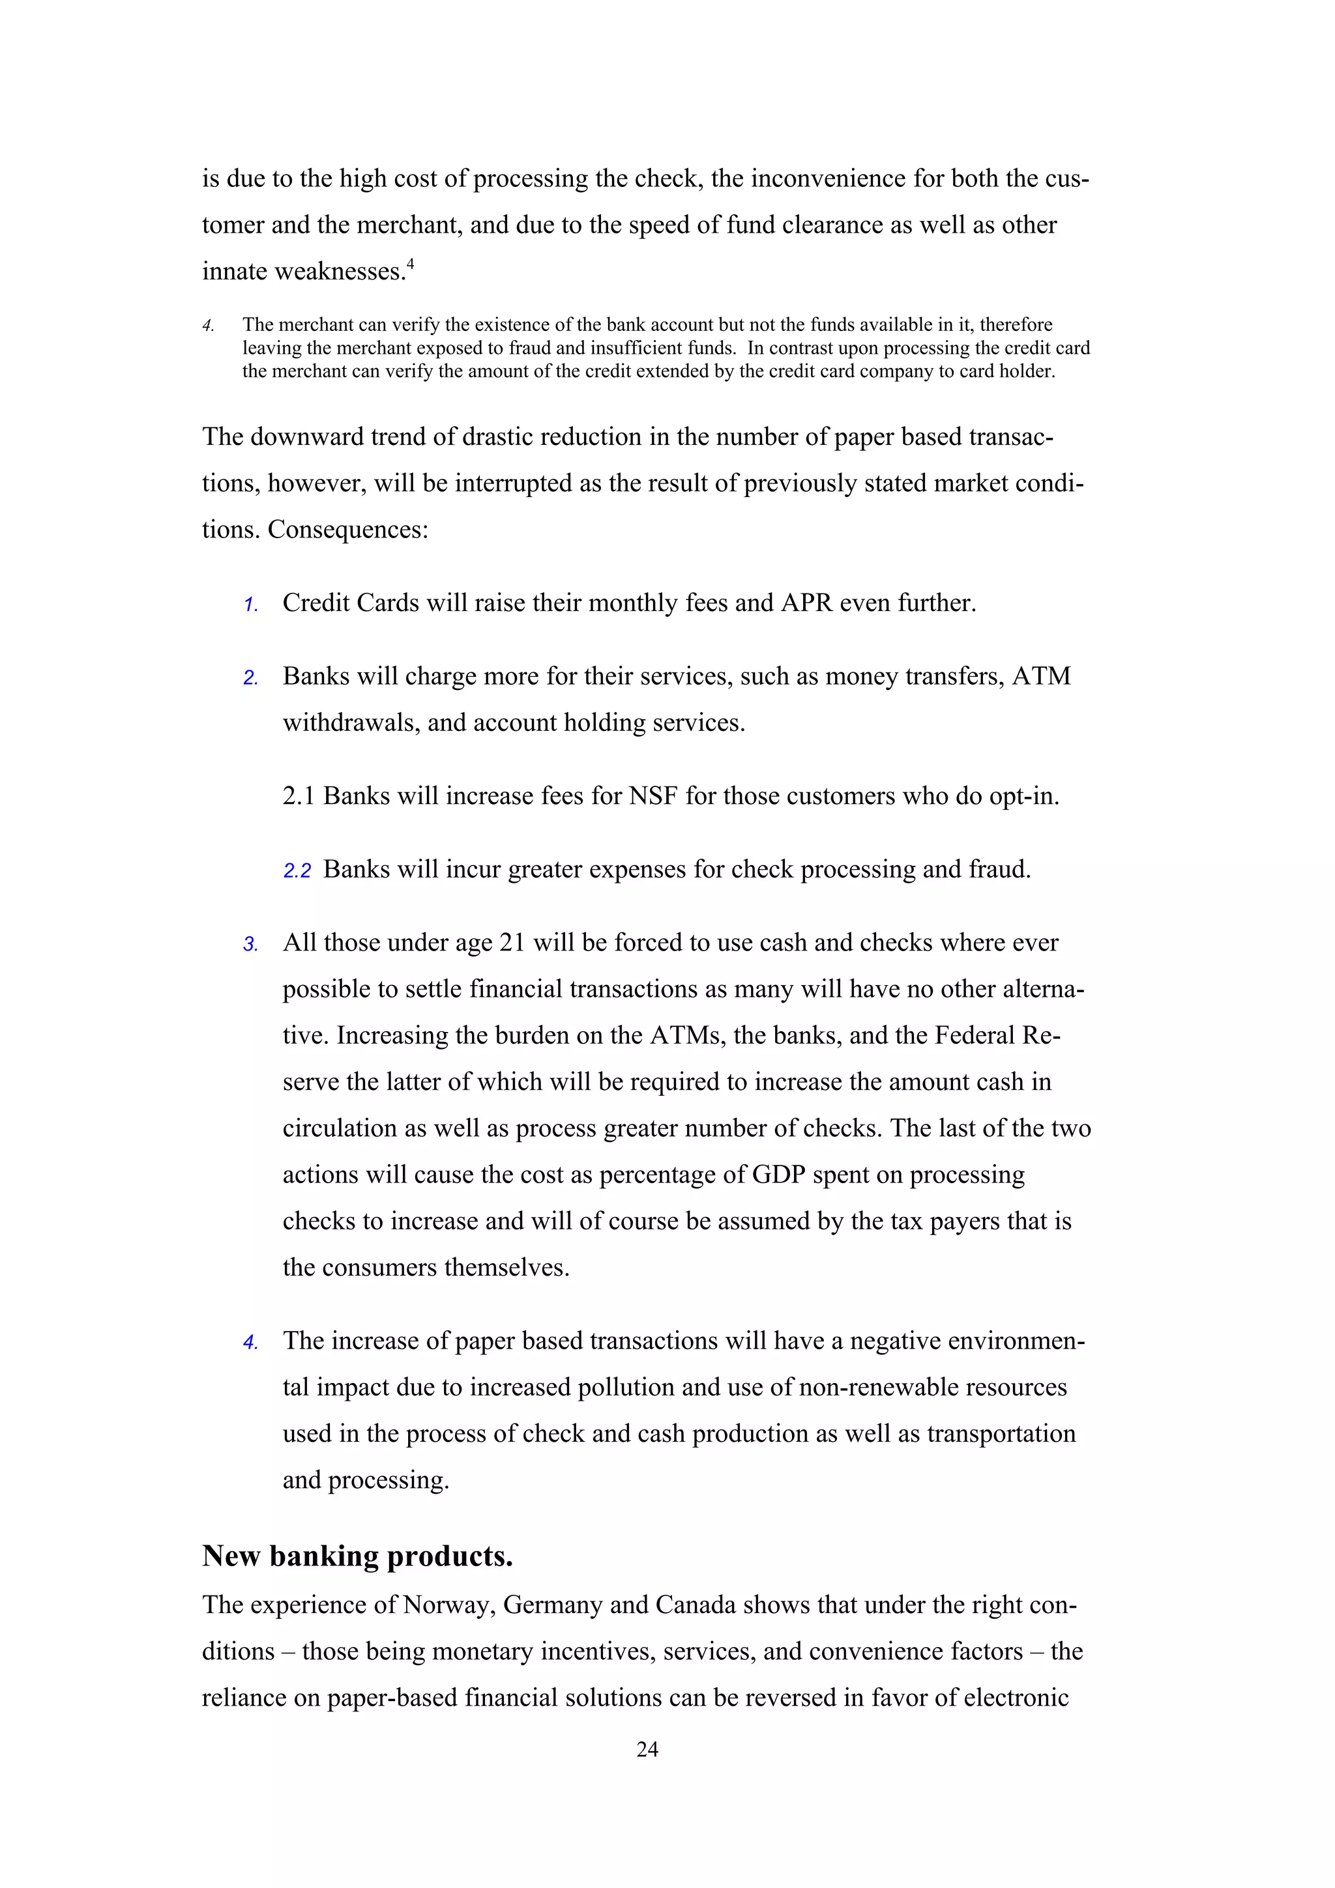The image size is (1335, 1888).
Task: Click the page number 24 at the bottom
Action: pyautogui.click(x=647, y=1750)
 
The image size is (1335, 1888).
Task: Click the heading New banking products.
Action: pyautogui.click(x=358, y=1556)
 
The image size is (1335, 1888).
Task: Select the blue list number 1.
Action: pyautogui.click(x=251, y=605)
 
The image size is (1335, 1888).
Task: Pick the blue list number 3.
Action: pyautogui.click(x=251, y=945)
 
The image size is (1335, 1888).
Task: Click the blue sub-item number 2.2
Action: pyautogui.click(x=297, y=872)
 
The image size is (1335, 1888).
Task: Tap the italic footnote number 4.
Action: pyautogui.click(x=208, y=326)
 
